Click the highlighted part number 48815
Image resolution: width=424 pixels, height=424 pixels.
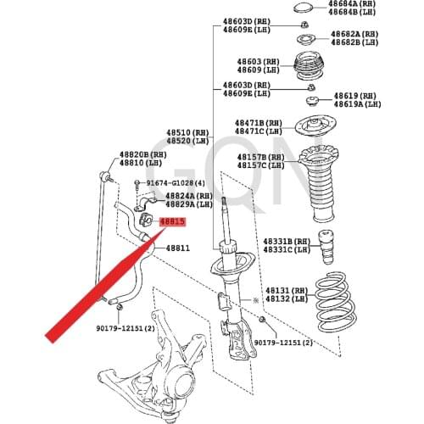tap(172, 222)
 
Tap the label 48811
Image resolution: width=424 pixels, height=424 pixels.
tap(177, 248)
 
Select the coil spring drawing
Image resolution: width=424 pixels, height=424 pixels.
tap(336, 302)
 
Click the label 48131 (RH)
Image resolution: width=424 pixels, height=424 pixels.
tap(287, 291)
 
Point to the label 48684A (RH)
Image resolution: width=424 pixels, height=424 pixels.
tap(352, 3)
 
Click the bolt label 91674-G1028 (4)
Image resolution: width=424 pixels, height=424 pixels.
tap(176, 183)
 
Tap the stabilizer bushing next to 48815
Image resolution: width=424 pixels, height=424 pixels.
tap(146, 220)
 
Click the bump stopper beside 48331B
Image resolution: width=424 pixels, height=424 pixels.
tap(326, 247)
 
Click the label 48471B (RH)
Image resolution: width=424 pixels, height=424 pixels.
tap(259, 123)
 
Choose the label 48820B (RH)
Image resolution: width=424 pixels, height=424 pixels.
tap(143, 155)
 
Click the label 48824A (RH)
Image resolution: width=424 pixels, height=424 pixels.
tap(189, 196)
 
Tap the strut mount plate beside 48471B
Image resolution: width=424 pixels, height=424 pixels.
tap(315, 126)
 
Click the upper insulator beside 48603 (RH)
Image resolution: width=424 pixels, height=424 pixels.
tap(309, 65)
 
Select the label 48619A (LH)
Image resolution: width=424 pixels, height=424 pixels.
tap(358, 104)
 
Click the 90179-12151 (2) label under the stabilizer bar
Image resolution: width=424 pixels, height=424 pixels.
tap(126, 328)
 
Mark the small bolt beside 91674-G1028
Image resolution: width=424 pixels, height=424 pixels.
tap(137, 185)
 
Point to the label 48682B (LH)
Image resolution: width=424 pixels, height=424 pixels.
tap(354, 42)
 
